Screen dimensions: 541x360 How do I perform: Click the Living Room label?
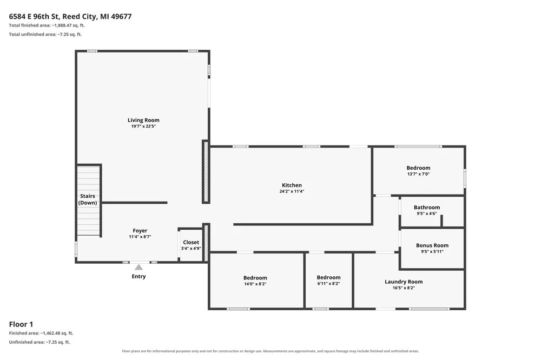pos(143,120)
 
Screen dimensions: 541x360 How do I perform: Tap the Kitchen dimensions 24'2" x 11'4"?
pos(292,191)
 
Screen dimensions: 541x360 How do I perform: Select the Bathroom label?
pos(427,207)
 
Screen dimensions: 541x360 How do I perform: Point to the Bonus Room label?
pos(432,245)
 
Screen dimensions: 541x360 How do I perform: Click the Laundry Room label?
pos(404,282)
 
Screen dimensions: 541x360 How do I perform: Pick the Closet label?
pos(191,242)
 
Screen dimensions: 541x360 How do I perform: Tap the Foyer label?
pos(140,231)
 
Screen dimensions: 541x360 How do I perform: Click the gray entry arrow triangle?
pos(138,267)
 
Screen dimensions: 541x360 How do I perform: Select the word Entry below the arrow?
pos(138,276)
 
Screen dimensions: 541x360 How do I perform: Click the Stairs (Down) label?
pos(88,199)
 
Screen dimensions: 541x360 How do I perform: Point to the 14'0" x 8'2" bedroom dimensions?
pos(255,284)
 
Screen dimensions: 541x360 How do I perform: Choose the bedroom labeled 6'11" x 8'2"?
pos(328,280)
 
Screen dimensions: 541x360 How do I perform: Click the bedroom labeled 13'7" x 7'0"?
pos(419,170)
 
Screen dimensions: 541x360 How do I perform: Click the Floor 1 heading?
pos(21,324)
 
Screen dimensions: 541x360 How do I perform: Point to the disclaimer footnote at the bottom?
pos(270,351)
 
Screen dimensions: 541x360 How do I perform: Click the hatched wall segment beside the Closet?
pos(206,243)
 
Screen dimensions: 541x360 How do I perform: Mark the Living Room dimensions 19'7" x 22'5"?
pos(143,126)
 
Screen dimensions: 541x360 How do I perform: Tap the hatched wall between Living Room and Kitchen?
pos(206,172)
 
